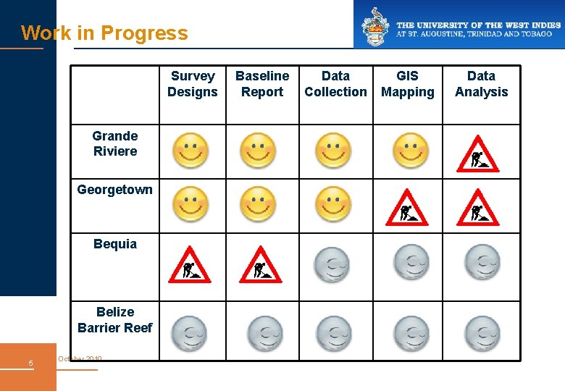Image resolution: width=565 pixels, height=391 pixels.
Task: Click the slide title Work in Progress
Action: (104, 33)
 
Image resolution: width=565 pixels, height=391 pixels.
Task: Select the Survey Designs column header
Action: (192, 84)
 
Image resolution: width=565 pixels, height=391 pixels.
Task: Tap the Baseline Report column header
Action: (262, 84)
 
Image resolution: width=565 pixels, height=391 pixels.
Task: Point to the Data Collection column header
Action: (335, 84)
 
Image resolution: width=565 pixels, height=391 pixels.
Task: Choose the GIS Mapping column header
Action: (407, 84)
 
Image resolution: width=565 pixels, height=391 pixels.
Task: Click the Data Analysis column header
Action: (481, 84)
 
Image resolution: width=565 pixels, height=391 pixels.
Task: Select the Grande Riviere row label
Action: (115, 143)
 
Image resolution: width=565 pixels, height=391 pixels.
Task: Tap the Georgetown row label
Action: (115, 190)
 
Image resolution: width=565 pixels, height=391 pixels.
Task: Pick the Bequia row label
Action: (115, 244)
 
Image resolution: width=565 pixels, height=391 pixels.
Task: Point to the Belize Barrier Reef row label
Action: (115, 320)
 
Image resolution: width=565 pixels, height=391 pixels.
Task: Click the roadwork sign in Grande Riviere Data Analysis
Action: (478, 154)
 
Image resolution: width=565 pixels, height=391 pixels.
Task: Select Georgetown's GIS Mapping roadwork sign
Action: (407, 207)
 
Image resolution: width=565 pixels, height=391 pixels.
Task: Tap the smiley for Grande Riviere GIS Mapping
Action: (411, 151)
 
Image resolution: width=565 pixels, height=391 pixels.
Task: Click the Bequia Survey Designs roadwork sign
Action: (189, 265)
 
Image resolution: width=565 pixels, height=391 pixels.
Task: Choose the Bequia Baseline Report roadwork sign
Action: (260, 265)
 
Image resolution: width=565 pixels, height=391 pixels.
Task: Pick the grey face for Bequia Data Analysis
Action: (482, 261)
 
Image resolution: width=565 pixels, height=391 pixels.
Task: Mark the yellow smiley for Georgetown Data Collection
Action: (333, 204)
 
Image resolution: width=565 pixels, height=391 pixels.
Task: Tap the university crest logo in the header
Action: (375, 25)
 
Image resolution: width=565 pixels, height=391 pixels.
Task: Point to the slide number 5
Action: (30, 363)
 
